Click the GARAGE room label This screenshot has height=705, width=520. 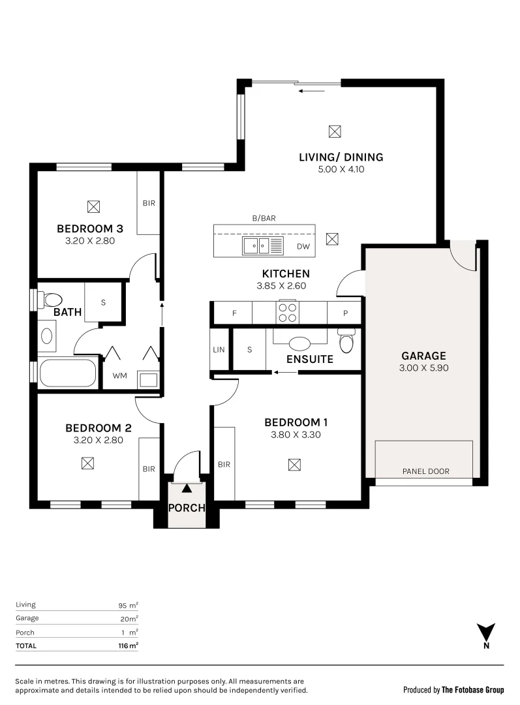coord(423,356)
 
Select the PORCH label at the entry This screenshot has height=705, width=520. coord(187,508)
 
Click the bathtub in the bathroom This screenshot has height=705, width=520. coord(68,373)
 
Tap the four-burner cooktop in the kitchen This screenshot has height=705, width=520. coord(287,313)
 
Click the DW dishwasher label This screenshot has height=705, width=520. coord(303,247)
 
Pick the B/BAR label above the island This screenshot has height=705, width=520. coord(264,219)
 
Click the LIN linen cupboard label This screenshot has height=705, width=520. coord(219,350)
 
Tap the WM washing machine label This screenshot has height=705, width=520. coord(119,375)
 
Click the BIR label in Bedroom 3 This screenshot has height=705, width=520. coord(148,203)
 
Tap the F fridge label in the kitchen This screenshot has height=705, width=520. coord(234,313)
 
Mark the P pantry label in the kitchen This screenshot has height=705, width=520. coord(346,313)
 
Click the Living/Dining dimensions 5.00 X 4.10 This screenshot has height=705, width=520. coord(341,170)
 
